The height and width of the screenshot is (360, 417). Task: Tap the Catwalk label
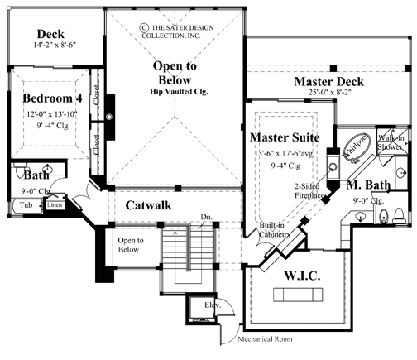point(148,204)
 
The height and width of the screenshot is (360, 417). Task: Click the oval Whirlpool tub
point(358,142)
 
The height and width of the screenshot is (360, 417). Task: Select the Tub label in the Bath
point(26,204)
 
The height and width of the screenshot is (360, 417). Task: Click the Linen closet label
point(54,204)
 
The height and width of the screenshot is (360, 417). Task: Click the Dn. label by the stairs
point(206,218)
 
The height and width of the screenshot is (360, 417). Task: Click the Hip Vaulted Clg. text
point(180,90)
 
